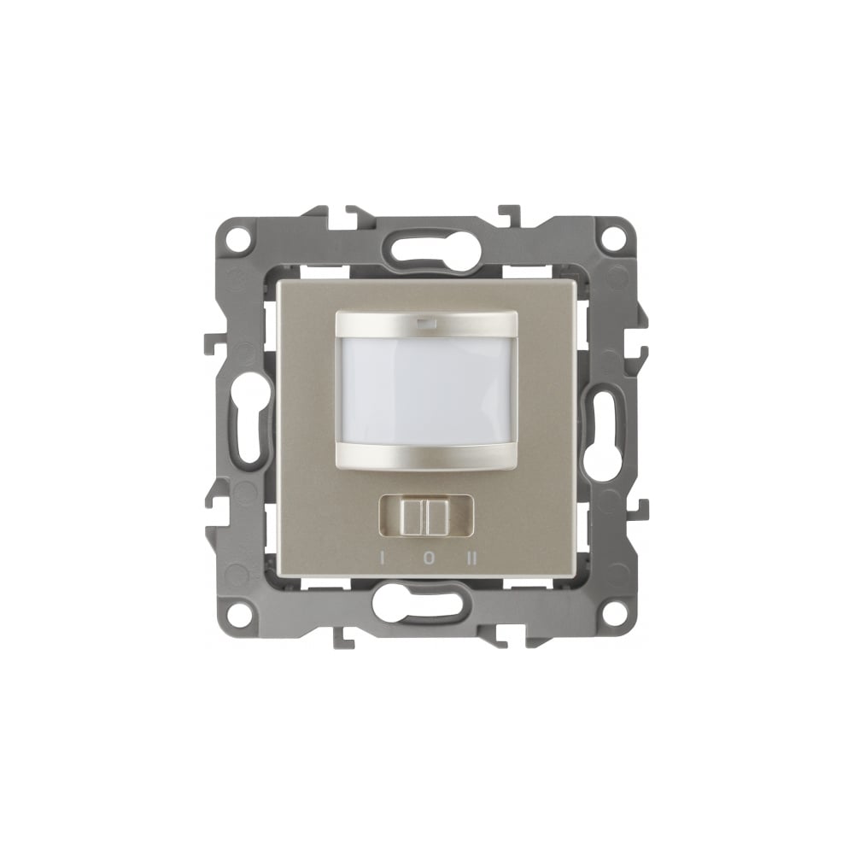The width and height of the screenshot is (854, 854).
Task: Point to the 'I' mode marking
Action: coord(383,559)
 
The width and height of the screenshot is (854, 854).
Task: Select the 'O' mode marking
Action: coord(429,559)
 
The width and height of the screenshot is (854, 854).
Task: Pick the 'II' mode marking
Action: coord(472,559)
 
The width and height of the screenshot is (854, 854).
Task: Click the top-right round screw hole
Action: coord(615,238)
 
